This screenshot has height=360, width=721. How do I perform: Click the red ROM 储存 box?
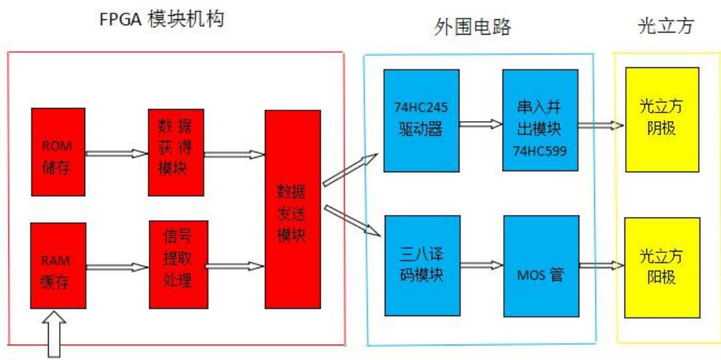[x=59, y=152]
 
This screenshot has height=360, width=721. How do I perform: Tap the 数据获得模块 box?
[x=176, y=152]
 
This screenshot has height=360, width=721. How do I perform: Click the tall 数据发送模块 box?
[x=292, y=209]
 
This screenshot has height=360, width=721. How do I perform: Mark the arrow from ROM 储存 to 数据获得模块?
[x=117, y=153]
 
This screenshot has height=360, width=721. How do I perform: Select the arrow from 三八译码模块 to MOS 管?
[x=481, y=265]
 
